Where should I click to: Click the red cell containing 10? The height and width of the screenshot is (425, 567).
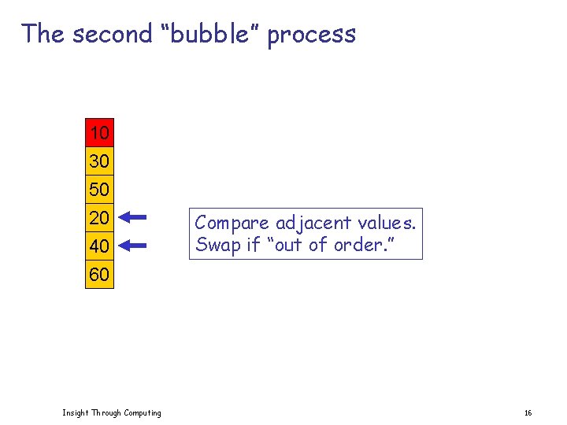(x=99, y=133)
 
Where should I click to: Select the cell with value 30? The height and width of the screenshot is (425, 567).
(x=99, y=161)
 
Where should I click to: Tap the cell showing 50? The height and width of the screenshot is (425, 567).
(x=99, y=190)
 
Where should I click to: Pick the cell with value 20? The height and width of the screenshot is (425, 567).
(x=99, y=218)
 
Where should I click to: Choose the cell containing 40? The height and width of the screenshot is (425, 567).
(x=99, y=246)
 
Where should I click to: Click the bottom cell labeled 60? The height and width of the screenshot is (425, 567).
(x=99, y=275)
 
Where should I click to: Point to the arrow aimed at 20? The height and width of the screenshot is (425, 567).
(x=135, y=217)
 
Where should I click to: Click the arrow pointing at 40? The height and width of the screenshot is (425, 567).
(x=135, y=246)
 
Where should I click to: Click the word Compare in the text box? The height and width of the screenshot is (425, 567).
(x=232, y=224)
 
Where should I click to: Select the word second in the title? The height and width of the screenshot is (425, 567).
(x=112, y=34)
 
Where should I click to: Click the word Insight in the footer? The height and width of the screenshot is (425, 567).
(x=76, y=412)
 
